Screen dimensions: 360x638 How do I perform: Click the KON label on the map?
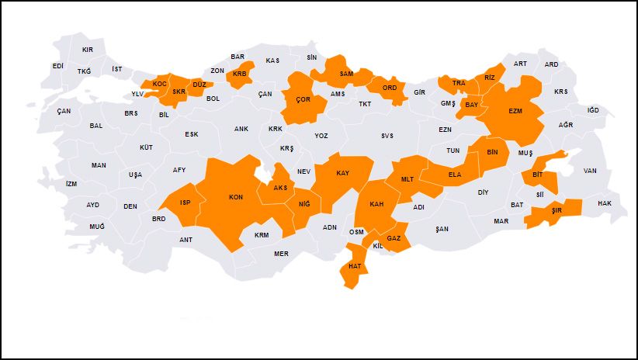tap(236, 197)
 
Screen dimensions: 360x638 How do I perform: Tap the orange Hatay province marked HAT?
tap(355, 266)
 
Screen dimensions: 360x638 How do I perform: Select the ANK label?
tap(241, 130)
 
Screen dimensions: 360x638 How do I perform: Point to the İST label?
tap(117, 69)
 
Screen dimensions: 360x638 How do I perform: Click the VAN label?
tap(590, 171)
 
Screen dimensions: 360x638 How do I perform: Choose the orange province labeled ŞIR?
tap(556, 210)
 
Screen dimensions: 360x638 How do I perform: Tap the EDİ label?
tap(58, 66)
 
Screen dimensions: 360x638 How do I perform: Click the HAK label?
tap(605, 203)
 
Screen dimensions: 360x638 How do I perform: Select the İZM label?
tap(71, 184)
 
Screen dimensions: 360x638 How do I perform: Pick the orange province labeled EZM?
tap(515, 111)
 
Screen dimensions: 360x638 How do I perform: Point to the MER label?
tap(281, 254)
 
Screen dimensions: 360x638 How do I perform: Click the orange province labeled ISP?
tap(186, 202)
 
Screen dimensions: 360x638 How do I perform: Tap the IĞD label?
tap(593, 110)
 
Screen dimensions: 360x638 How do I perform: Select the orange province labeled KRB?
tap(239, 74)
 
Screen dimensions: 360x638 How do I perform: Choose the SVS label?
tap(387, 136)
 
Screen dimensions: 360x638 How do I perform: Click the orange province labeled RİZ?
tap(489, 78)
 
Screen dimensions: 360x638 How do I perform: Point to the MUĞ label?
tap(96, 226)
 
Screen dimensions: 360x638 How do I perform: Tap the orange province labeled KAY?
tap(342, 173)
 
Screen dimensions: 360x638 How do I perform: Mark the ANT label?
tap(186, 240)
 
